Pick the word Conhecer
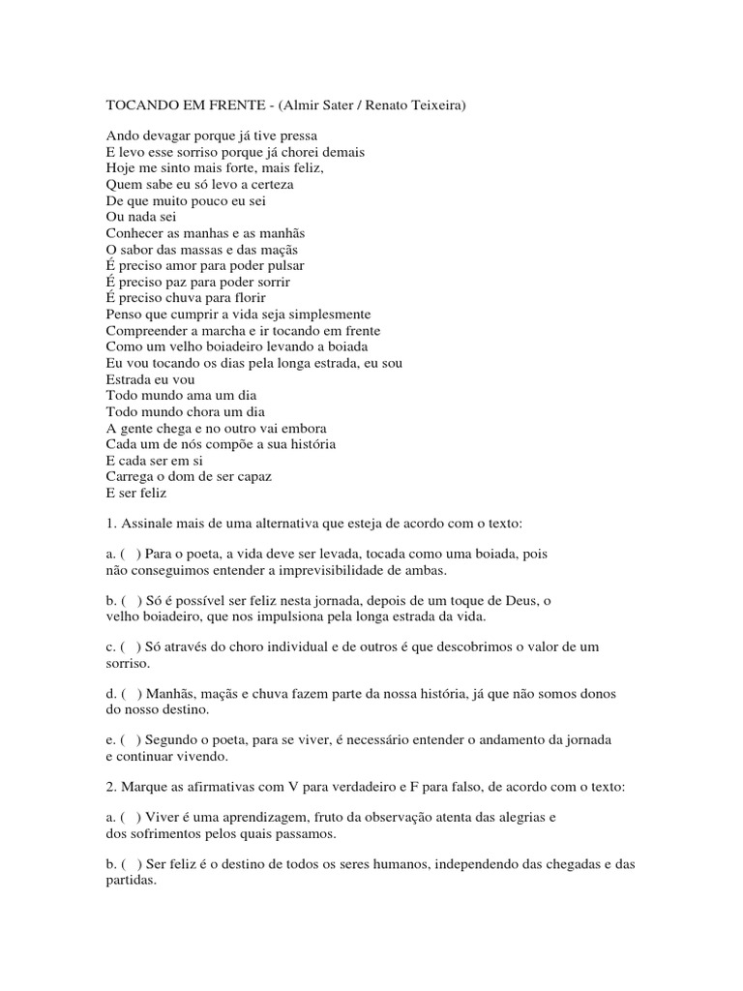tap(135, 233)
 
